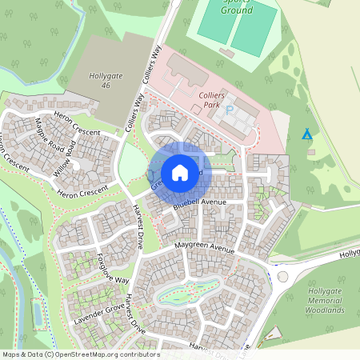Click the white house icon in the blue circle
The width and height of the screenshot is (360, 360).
click(180, 172)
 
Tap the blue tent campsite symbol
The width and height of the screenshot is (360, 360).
click(306, 134)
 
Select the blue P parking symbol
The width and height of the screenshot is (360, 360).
click(230, 110)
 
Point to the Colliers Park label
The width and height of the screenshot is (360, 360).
click(213, 99)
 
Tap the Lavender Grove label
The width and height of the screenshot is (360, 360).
click(90, 313)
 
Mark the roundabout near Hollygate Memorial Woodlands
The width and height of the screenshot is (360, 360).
click(282, 276)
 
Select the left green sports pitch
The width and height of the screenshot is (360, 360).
click(214, 25)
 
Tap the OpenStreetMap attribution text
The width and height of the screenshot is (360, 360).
click(80, 354)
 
